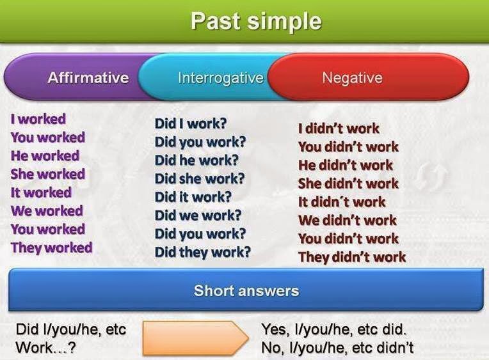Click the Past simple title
click(255, 21)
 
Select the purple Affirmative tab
click(88, 78)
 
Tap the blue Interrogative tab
click(220, 78)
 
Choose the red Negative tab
click(352, 78)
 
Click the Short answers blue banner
click(246, 291)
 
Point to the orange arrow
click(195, 338)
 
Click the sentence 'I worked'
click(38, 119)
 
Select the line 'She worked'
click(47, 174)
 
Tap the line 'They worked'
click(51, 247)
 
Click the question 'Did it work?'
click(193, 197)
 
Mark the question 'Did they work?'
click(202, 252)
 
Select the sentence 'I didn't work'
click(339, 129)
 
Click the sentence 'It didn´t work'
click(342, 202)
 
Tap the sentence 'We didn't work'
click(347, 221)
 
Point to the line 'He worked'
click(45, 155)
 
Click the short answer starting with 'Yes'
click(334, 330)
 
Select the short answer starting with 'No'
click(337, 348)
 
